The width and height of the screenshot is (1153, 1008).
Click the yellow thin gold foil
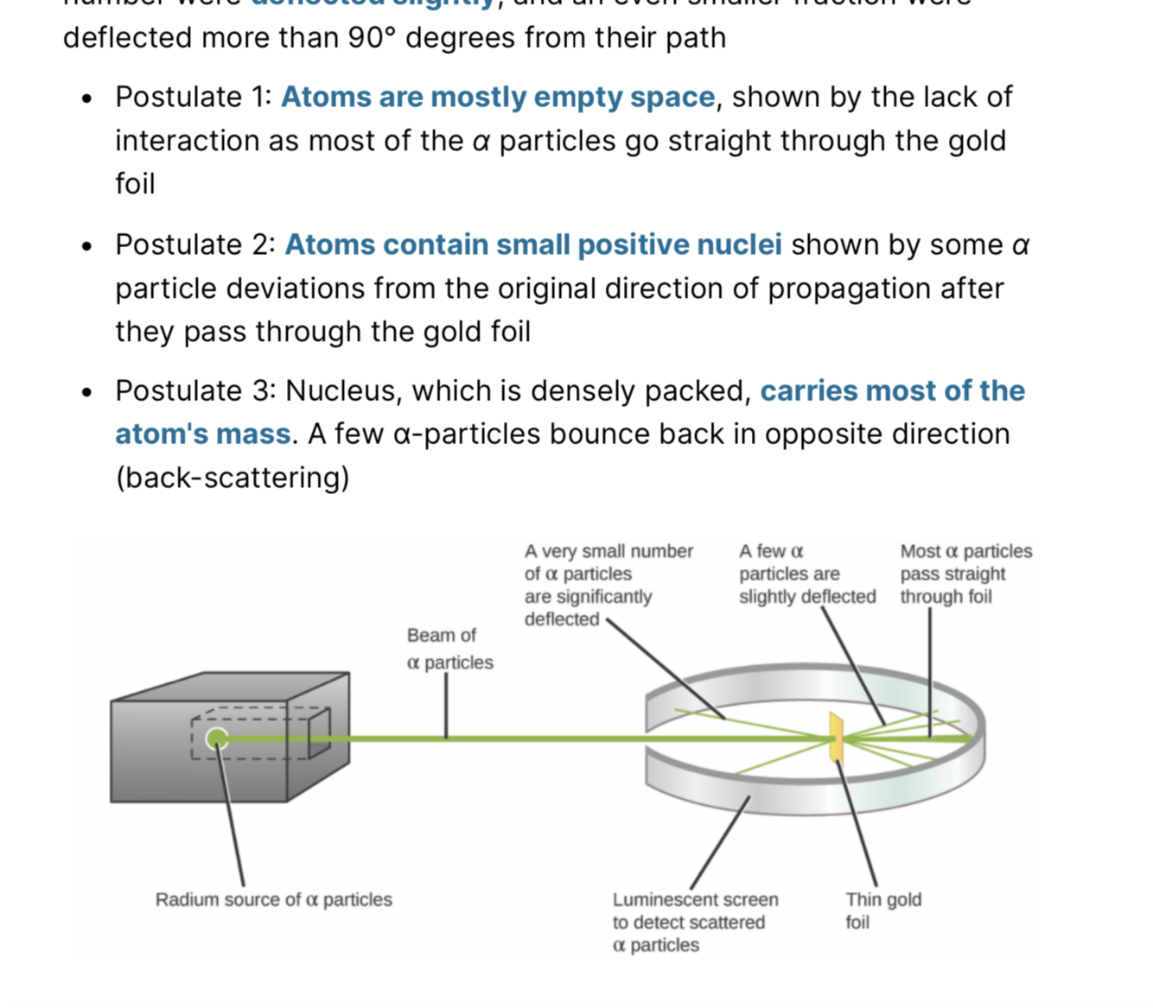coord(836,738)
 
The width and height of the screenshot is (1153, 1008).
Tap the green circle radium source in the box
coord(217,739)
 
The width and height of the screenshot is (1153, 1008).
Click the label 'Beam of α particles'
coord(449,649)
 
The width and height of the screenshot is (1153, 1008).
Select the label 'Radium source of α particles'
coord(273,900)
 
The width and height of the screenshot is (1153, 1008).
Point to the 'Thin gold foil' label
coord(882,910)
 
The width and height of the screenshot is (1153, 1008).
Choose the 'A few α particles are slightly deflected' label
coord(806,574)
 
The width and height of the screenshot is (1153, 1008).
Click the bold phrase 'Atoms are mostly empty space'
coord(498,97)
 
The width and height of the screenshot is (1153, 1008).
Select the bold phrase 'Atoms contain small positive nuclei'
coord(532,244)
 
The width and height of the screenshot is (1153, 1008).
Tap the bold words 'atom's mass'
coord(203,434)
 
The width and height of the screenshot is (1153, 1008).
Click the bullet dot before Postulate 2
coord(86,246)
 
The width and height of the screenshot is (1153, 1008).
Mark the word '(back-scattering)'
coord(233,477)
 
